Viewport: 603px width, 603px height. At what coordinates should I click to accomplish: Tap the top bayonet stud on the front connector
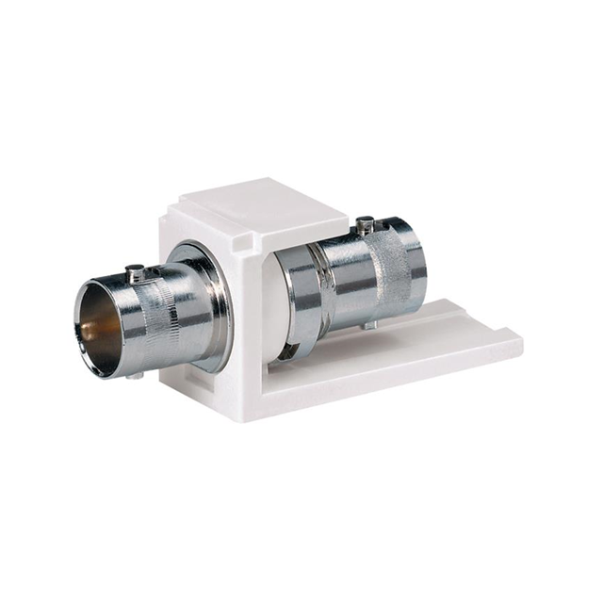click(135, 272)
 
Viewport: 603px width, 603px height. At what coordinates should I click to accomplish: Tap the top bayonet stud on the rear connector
click(366, 226)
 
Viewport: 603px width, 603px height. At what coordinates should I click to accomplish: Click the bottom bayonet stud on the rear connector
click(368, 324)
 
